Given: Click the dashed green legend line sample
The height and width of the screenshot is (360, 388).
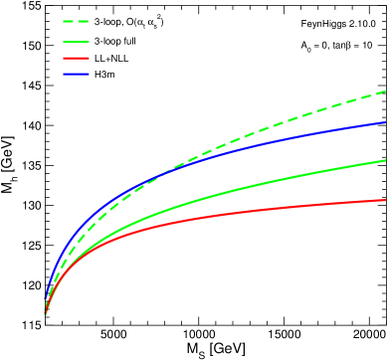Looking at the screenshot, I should (x=76, y=21).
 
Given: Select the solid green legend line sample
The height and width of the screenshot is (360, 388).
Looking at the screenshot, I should (x=76, y=42).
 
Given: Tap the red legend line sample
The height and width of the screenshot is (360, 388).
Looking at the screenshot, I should (x=76, y=58).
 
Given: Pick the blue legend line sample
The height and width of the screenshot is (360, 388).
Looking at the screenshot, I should (x=76, y=74).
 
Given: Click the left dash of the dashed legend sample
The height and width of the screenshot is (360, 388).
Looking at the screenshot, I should (x=69, y=21).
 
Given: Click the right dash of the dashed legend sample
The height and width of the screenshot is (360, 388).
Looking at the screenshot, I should (x=84, y=21).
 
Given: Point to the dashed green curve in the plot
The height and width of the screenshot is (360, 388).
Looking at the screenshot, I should (x=298, y=121).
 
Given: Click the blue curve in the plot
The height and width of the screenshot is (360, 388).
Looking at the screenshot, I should (x=298, y=140).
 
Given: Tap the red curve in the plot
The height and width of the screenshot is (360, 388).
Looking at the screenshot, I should (x=298, y=209).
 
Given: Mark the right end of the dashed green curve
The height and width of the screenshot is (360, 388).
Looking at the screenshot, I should (x=385, y=92).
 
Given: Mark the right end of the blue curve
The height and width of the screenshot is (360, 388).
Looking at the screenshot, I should (x=385, y=122).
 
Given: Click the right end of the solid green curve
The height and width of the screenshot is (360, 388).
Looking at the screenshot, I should (x=385, y=160).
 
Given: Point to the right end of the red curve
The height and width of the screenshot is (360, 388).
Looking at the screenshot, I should (x=385, y=200).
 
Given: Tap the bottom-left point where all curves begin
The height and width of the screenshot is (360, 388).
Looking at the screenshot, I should (x=45, y=314).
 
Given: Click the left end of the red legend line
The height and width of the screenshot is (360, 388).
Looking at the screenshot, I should (x=64, y=58).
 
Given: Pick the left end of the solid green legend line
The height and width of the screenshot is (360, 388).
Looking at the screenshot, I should (x=64, y=42).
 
